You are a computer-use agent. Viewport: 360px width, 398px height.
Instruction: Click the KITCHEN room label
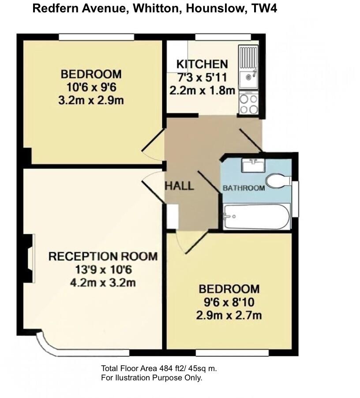(202, 64)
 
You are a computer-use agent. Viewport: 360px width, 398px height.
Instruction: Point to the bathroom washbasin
(253, 165)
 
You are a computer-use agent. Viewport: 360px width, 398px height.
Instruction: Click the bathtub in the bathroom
(256, 217)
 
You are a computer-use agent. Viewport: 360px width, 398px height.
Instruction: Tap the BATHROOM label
(244, 188)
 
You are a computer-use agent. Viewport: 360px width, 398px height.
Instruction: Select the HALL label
(179, 186)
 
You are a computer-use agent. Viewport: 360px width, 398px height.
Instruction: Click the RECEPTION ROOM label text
(103, 256)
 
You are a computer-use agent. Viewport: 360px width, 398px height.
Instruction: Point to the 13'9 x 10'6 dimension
(103, 269)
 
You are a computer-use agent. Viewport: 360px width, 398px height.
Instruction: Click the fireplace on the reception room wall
(29, 258)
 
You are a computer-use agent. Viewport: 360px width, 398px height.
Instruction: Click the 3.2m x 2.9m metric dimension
(91, 100)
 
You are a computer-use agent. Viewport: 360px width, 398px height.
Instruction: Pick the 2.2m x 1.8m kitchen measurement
(202, 90)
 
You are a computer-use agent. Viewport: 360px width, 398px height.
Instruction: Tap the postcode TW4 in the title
(263, 8)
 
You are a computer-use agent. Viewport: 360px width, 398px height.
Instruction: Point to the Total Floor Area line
(159, 368)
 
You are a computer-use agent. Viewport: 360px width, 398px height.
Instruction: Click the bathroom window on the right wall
(295, 199)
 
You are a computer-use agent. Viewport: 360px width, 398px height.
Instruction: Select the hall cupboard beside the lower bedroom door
(172, 216)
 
